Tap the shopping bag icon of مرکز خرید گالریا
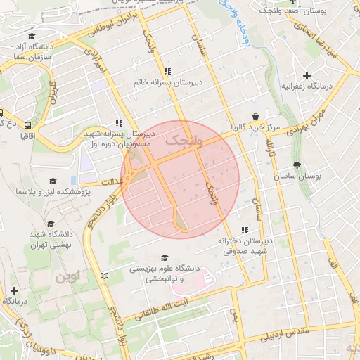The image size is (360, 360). click(x=255, y=117)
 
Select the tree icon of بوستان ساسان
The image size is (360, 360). click(x=297, y=166)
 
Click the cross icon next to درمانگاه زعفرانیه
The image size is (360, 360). click(x=306, y=75)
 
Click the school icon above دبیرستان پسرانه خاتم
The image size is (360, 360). click(x=167, y=71)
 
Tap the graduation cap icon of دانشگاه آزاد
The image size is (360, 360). click(x=32, y=37)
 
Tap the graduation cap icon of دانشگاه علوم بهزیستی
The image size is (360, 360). click(x=165, y=258)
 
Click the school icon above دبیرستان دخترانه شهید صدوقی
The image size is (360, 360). click(x=245, y=230)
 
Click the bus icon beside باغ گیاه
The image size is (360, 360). click(x=2, y=112)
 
